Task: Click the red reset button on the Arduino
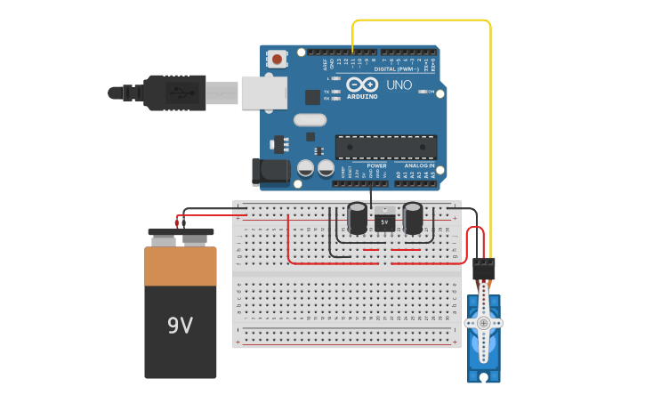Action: pyautogui.click(x=278, y=60)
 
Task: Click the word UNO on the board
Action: pyautogui.click(x=399, y=85)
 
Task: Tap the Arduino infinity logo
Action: pyautogui.click(x=362, y=85)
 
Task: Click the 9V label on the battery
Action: pyautogui.click(x=180, y=326)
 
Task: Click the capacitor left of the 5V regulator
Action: pyautogui.click(x=358, y=218)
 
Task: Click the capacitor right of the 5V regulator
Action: pyautogui.click(x=413, y=218)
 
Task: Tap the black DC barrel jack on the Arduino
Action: pyautogui.click(x=270, y=172)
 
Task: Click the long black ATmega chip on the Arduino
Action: pyautogui.click(x=385, y=148)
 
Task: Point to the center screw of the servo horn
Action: pyautogui.click(x=483, y=322)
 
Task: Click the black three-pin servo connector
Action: pyautogui.click(x=484, y=267)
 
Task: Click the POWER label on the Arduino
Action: pyautogui.click(x=377, y=165)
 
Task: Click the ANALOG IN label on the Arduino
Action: pyautogui.click(x=419, y=165)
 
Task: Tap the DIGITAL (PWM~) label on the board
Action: pyautogui.click(x=398, y=69)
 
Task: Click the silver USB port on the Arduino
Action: pyautogui.click(x=264, y=93)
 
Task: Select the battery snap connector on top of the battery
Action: pyautogui.click(x=181, y=238)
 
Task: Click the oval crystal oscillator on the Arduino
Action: pyautogui.click(x=310, y=120)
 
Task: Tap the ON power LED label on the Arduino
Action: pyautogui.click(x=431, y=92)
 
